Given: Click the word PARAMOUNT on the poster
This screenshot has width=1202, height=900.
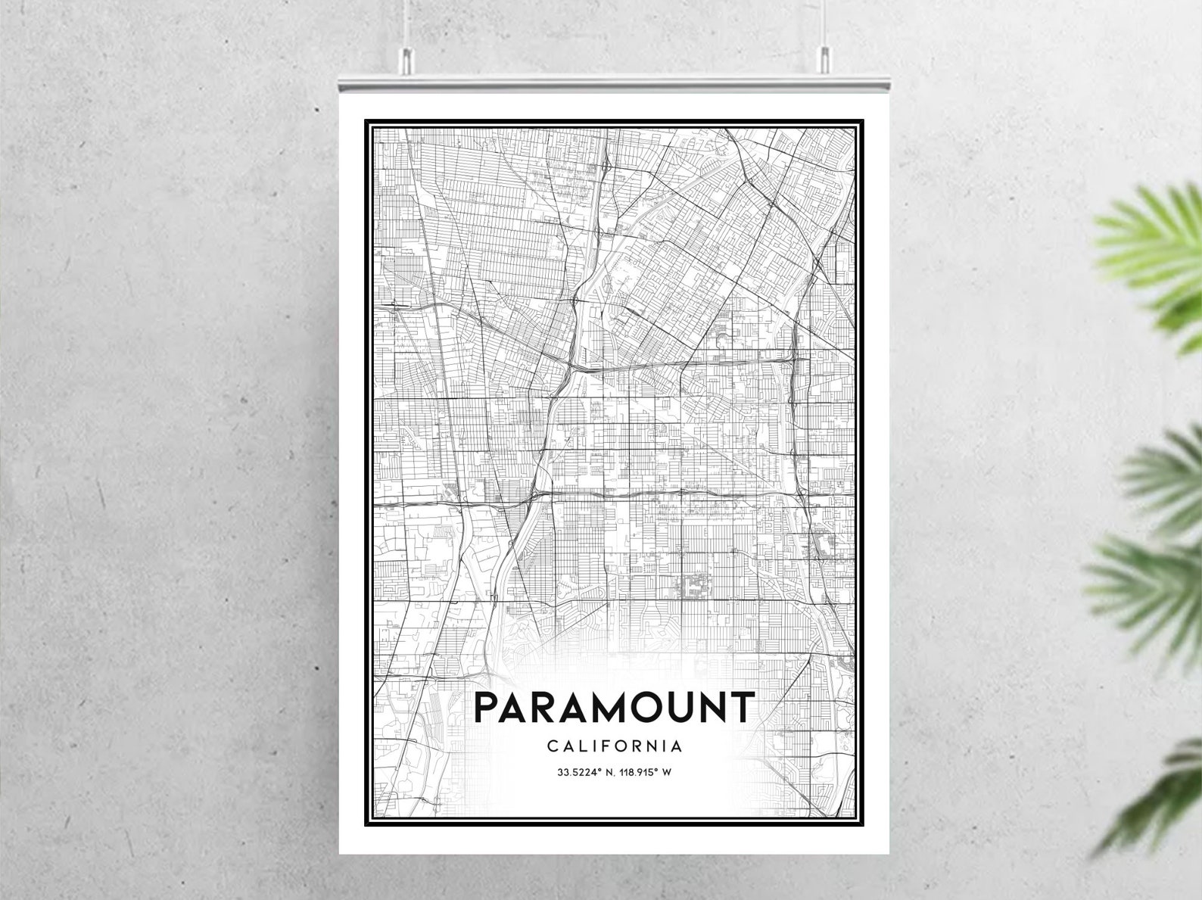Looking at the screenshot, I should (614, 707).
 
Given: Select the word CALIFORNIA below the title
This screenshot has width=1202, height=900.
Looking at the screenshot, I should (614, 746).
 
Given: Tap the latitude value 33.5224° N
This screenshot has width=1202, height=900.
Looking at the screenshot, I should (584, 773).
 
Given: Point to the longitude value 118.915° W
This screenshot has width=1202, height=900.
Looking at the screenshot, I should (646, 773).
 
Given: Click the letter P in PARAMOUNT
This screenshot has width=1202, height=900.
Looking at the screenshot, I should (487, 707).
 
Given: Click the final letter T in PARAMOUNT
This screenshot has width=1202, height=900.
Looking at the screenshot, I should (742, 707).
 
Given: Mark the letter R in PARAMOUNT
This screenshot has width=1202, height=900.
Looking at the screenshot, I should (541, 707).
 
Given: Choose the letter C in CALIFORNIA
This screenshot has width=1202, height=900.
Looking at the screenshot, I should (552, 746).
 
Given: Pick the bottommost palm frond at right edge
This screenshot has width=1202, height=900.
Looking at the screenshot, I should (1158, 795).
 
